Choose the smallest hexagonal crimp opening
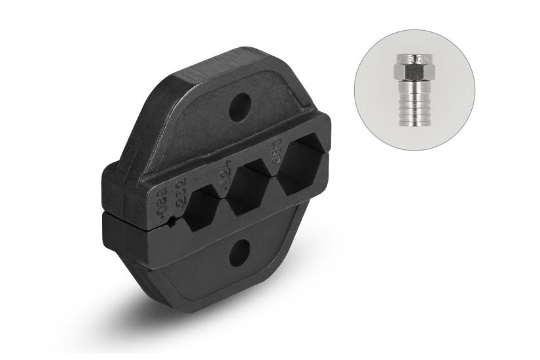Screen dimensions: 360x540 pyautogui.click(x=199, y=208)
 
